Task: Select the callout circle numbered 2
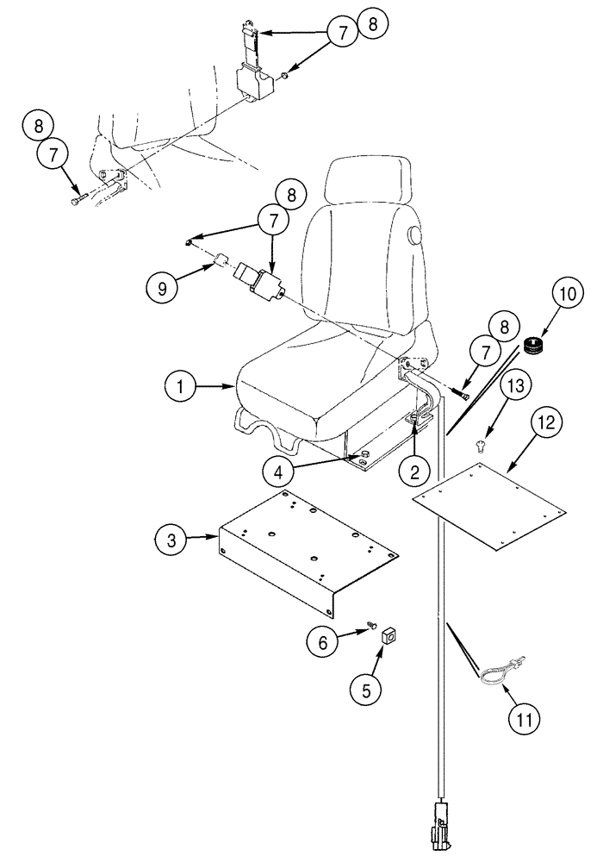(415, 471)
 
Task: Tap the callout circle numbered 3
(172, 541)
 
